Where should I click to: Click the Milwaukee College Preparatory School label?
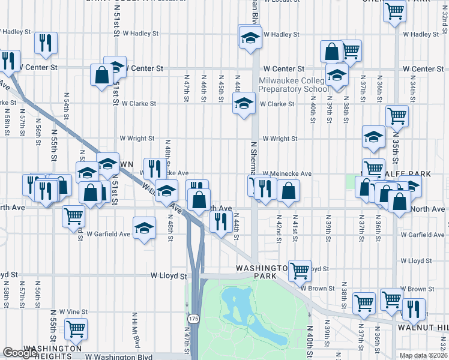[x=294, y=85]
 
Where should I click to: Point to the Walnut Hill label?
[x=423, y=326]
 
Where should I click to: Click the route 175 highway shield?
[x=193, y=319]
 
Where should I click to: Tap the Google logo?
[x=20, y=353]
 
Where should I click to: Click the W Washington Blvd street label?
[x=119, y=356]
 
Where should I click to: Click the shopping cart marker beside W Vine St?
[x=76, y=328]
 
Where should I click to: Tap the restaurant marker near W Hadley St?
[x=46, y=42]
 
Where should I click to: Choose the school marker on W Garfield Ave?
[x=143, y=228]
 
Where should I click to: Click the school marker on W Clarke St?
[x=244, y=104]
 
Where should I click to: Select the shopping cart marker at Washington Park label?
[x=300, y=270]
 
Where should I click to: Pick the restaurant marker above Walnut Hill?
[x=413, y=308]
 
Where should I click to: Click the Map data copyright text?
[x=423, y=355]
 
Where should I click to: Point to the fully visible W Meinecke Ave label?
[x=286, y=173]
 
